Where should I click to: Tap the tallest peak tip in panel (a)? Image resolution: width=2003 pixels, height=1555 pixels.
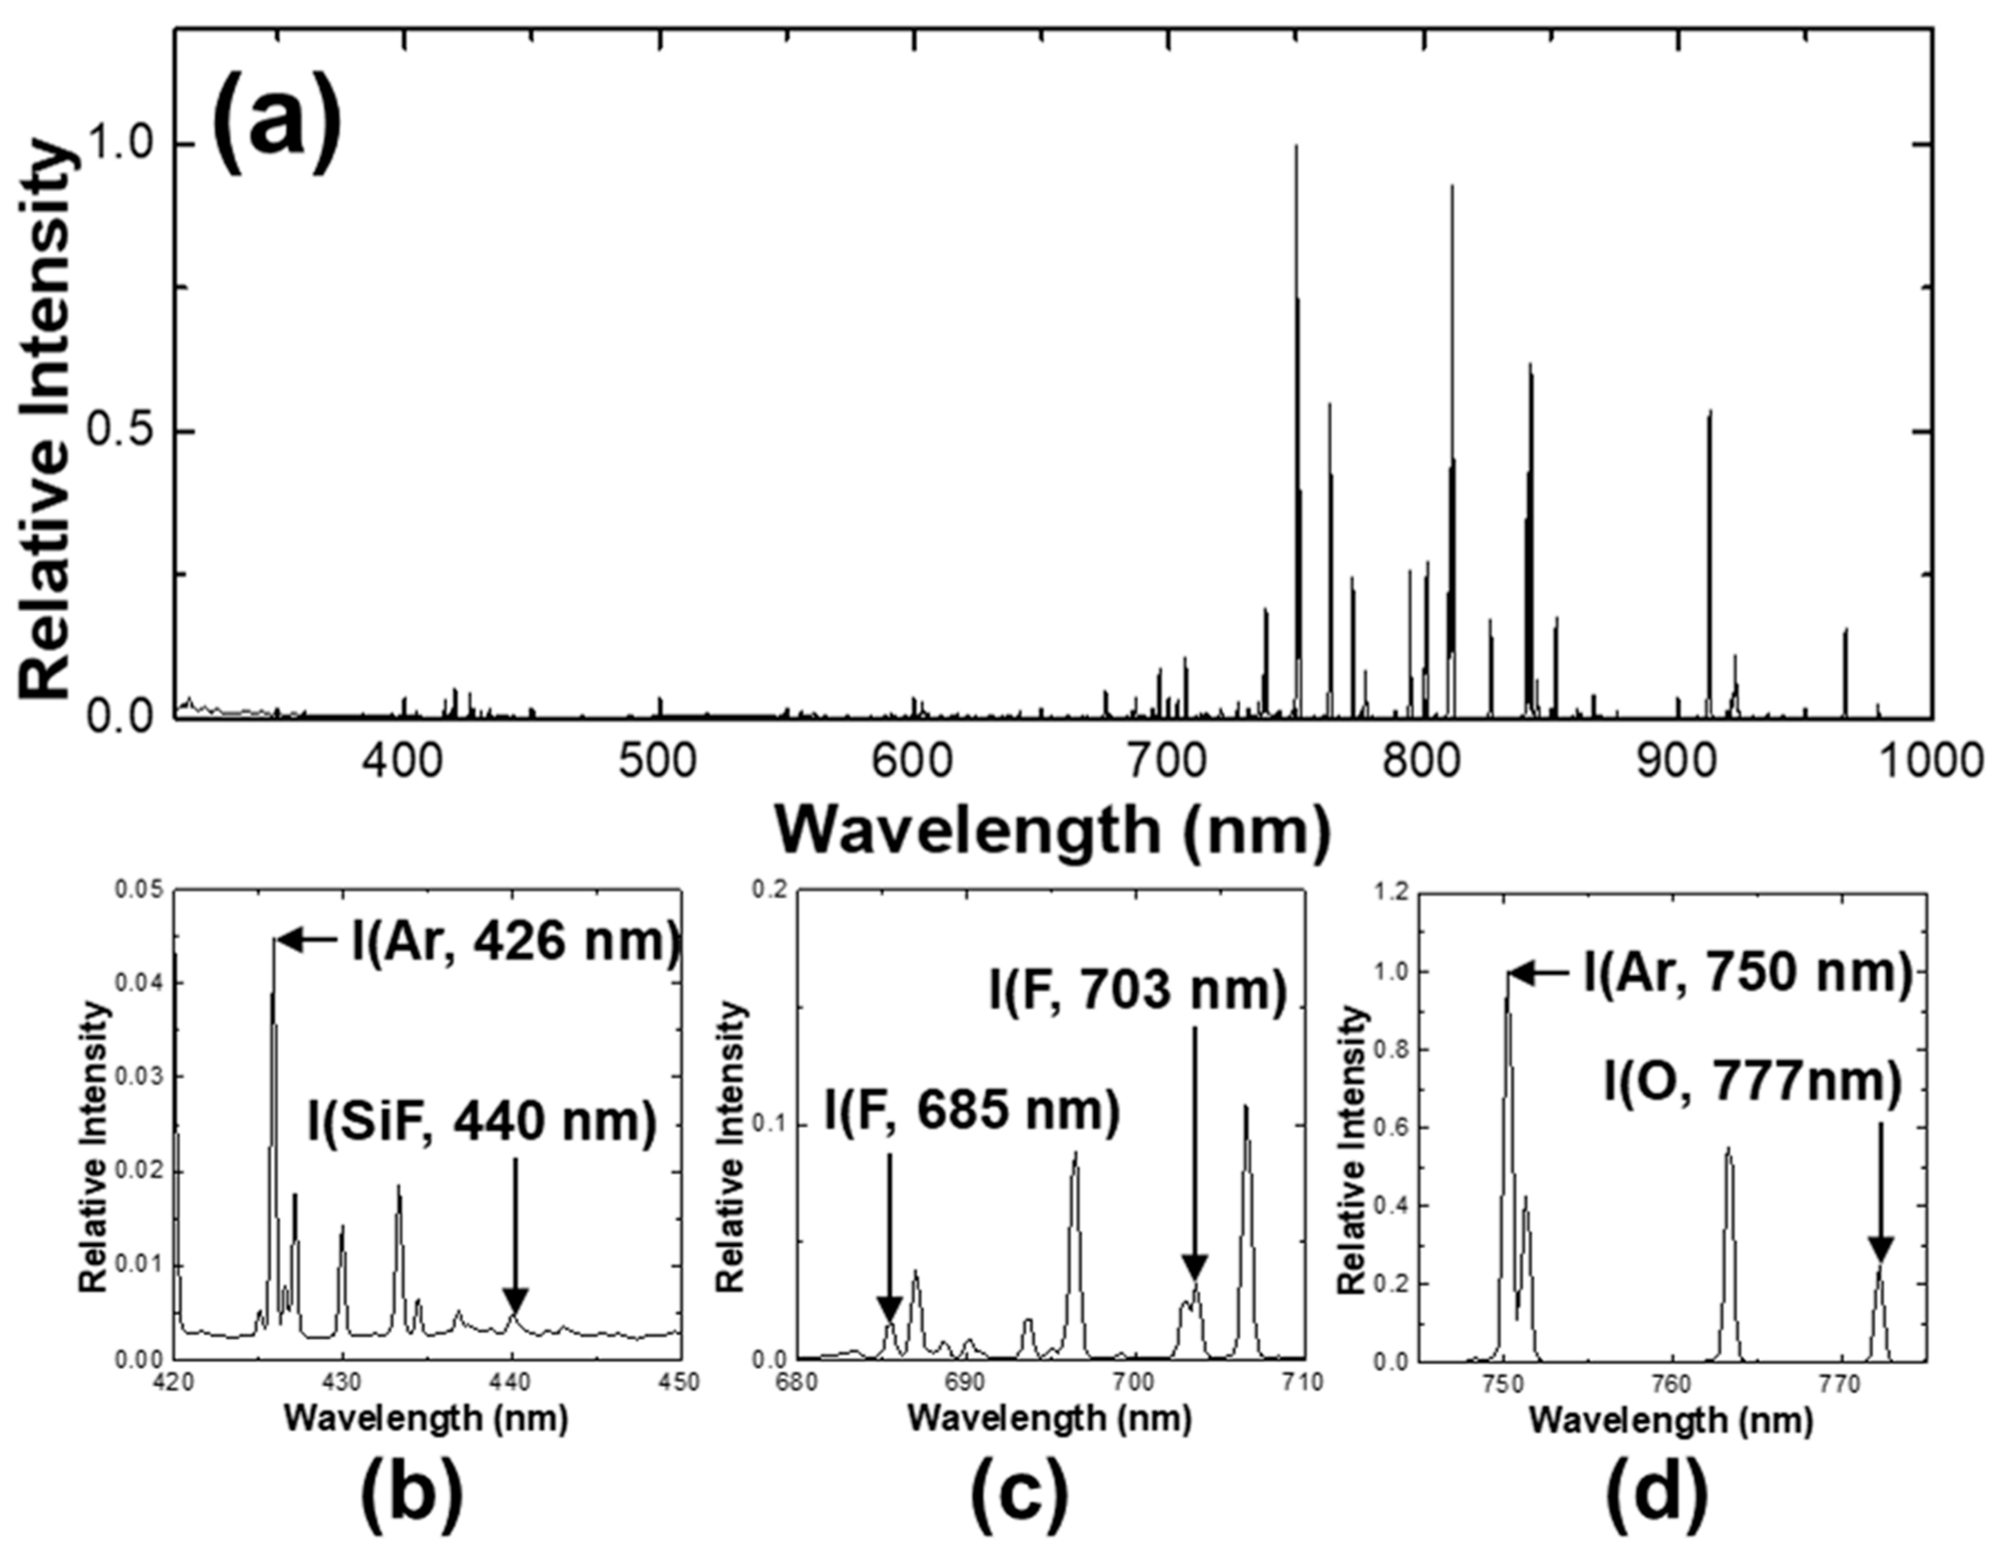(1296, 147)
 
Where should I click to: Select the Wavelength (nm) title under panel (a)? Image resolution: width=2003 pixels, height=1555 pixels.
(1052, 830)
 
